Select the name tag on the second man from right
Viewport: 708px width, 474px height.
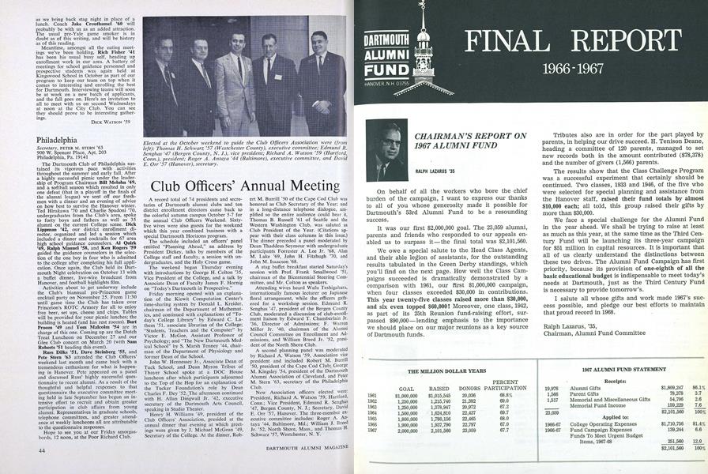277,77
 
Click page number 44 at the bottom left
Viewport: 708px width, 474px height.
40,449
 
